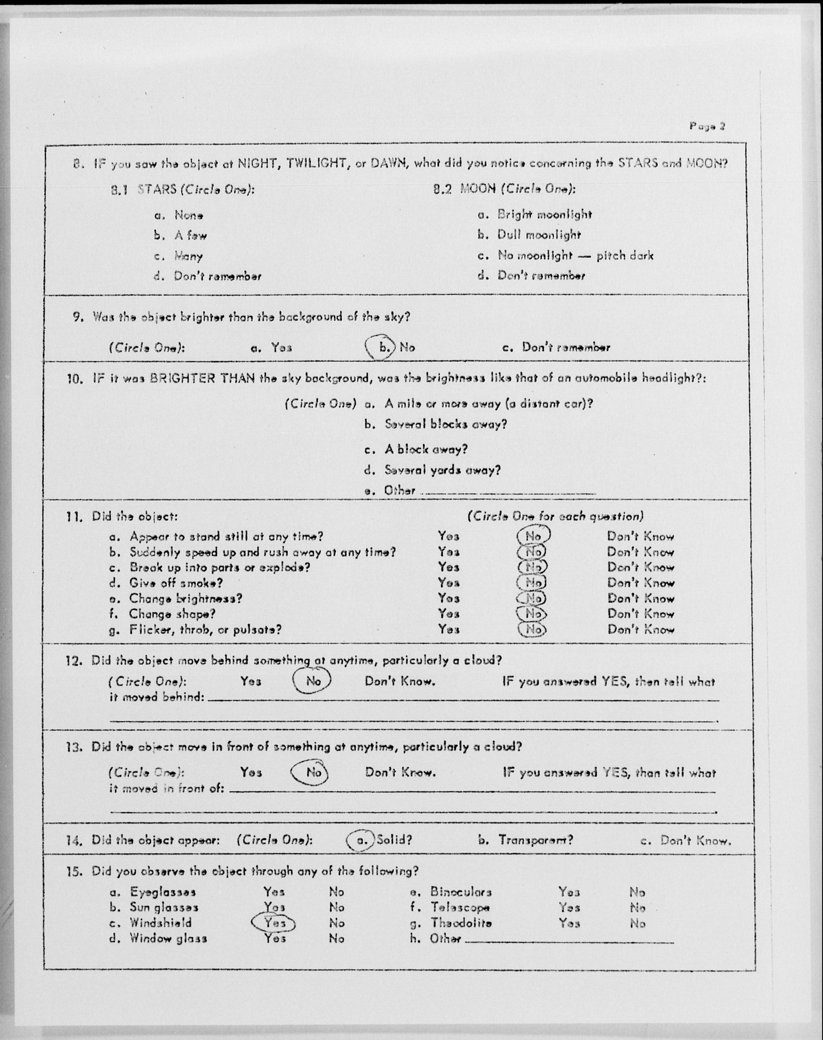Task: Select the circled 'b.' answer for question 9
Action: point(383,347)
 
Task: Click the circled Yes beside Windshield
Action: point(274,923)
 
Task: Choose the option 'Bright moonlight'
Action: point(544,215)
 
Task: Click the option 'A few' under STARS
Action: point(190,236)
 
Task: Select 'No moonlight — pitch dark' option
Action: point(575,256)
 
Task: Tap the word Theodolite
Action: point(461,923)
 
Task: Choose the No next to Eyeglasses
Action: point(336,892)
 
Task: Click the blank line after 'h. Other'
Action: point(569,940)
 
